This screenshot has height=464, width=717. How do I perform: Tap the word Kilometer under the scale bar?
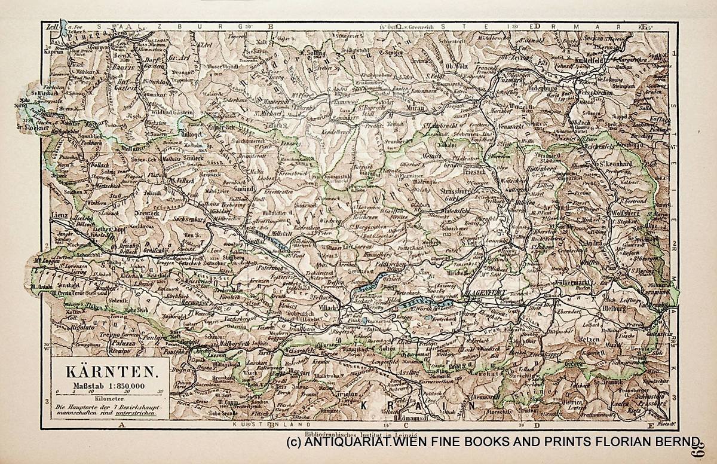click(x=108, y=398)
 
